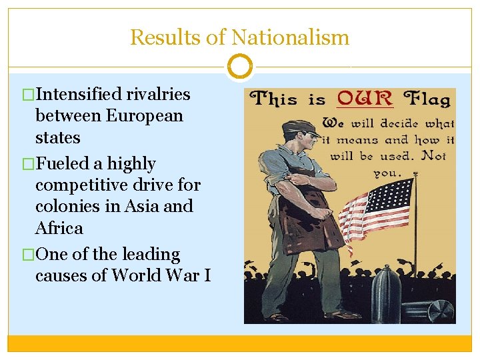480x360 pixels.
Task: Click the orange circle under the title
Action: [239, 67]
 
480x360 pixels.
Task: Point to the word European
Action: [143, 116]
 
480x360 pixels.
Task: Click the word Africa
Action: [59, 228]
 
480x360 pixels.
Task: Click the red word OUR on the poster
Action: [364, 99]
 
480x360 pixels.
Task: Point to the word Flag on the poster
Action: [429, 100]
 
